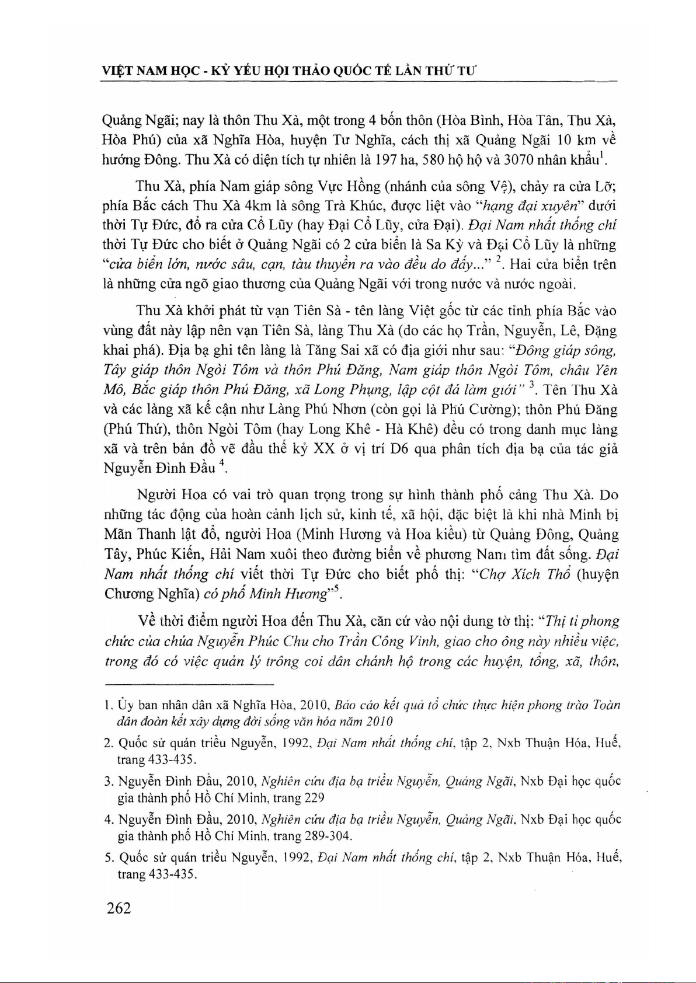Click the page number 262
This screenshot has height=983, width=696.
[119, 908]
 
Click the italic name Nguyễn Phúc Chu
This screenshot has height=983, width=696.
[248, 641]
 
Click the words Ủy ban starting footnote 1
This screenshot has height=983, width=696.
[128, 705]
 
